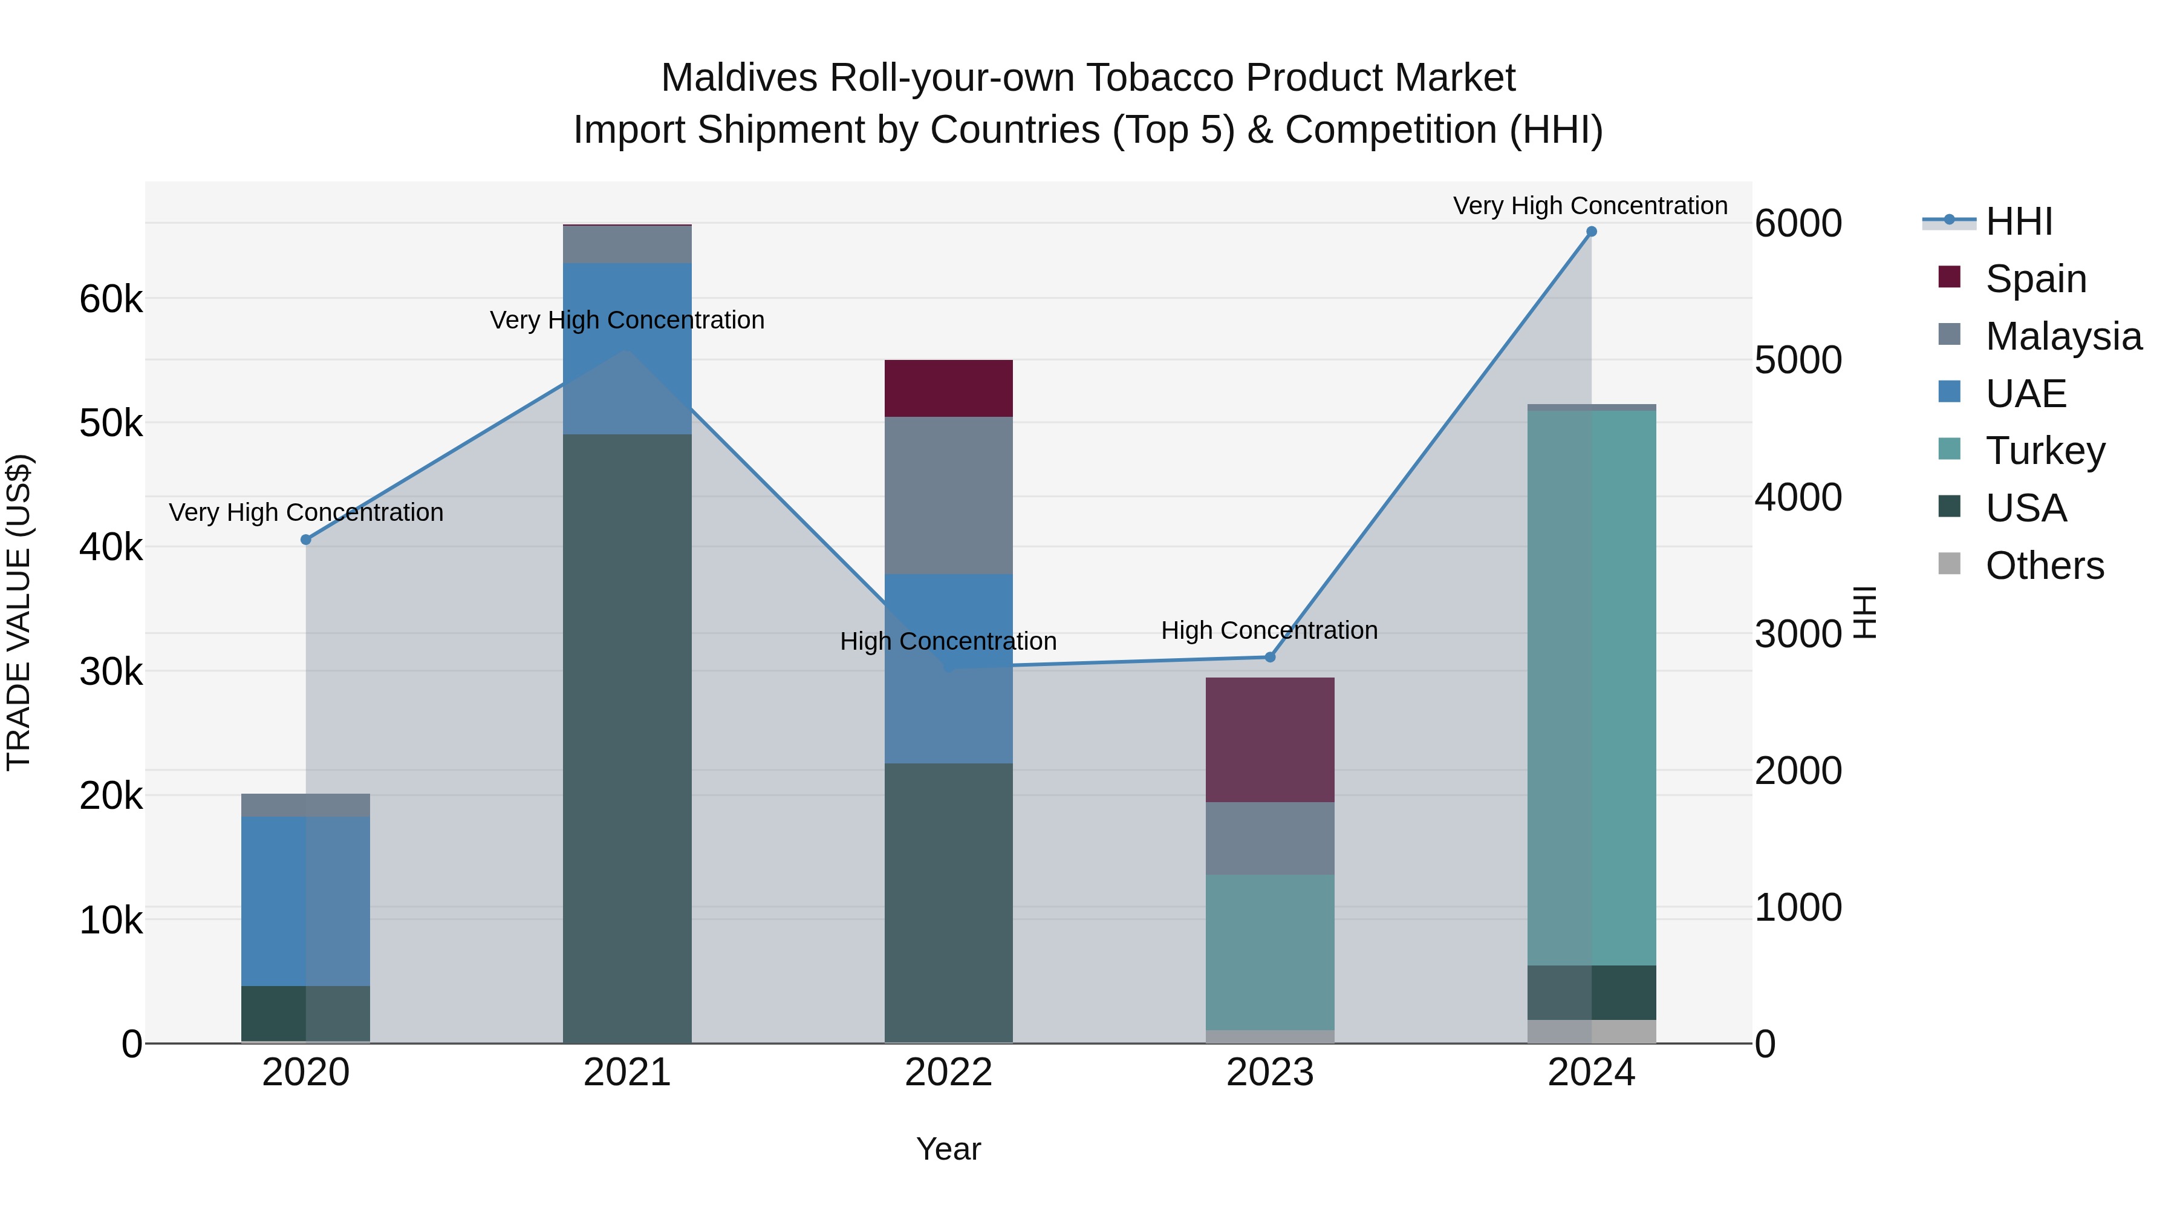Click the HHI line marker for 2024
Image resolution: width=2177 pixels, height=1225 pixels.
coord(1592,232)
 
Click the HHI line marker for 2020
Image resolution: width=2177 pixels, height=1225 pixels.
coord(306,540)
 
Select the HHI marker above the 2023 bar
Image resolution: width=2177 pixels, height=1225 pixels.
coord(1269,657)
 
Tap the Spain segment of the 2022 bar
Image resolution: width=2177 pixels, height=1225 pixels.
coord(948,388)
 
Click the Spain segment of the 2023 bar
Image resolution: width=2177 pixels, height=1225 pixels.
coord(1269,740)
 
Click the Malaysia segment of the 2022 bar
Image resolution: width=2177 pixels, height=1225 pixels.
coord(948,495)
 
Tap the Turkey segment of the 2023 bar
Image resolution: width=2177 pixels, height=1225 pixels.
coord(1269,952)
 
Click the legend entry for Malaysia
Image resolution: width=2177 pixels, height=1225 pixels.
coord(2062,336)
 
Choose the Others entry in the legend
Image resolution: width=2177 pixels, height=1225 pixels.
coord(2043,566)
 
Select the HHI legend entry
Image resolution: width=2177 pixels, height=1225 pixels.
coord(2018,221)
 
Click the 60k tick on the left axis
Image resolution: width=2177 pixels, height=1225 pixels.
coord(111,299)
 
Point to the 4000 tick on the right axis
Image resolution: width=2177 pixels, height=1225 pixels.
coord(1798,497)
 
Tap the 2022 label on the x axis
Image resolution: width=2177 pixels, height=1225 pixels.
coord(948,1073)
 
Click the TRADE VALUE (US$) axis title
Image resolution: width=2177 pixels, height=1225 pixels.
coord(19,612)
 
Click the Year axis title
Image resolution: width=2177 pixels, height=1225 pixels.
coord(948,1149)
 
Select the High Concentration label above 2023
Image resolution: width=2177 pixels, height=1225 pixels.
coord(1269,631)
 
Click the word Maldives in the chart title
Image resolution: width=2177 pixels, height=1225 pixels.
coord(738,78)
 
